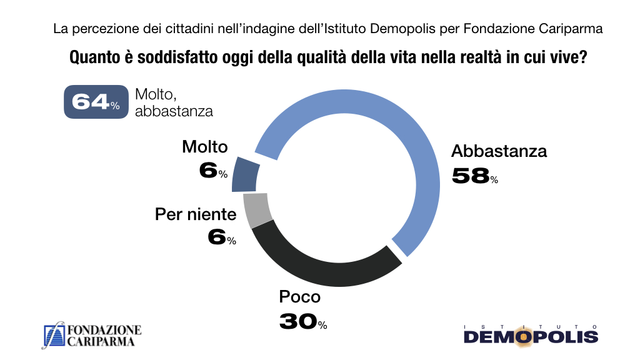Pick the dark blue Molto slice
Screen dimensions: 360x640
tap(246, 176)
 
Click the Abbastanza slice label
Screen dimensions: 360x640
tap(499, 151)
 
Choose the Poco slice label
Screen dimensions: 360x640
tap(299, 297)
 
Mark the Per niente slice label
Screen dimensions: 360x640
tap(196, 215)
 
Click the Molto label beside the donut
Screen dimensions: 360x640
tap(205, 147)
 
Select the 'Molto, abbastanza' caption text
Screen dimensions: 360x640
tap(174, 102)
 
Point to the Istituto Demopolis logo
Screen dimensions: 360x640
tap(531, 335)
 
